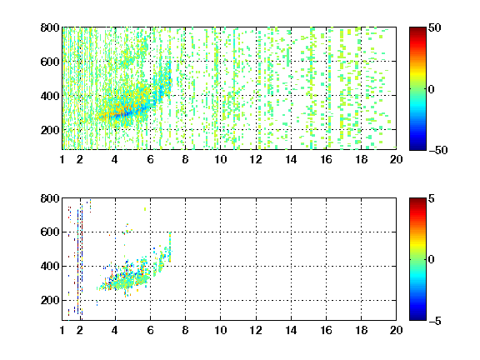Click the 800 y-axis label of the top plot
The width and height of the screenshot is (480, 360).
(x=50, y=27)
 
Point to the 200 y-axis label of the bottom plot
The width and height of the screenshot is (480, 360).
(x=50, y=300)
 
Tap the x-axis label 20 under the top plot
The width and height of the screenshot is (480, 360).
(x=396, y=159)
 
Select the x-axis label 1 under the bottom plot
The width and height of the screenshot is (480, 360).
(x=62, y=330)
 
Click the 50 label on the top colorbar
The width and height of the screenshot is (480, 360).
(x=435, y=27)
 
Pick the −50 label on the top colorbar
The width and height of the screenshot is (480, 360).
(x=438, y=150)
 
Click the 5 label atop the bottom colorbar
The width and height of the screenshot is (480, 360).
(x=432, y=198)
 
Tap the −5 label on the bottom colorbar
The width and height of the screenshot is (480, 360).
(x=435, y=321)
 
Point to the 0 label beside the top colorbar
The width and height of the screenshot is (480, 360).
(x=432, y=89)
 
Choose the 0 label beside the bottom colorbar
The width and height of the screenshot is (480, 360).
(x=432, y=260)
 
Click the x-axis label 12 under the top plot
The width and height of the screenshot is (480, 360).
(x=256, y=159)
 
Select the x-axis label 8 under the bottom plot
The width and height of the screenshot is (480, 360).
(x=185, y=330)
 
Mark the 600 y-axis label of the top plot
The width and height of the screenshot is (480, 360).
(x=50, y=62)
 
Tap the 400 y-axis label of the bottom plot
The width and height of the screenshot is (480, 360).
(x=50, y=266)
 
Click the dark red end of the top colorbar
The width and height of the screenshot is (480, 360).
(x=417, y=29)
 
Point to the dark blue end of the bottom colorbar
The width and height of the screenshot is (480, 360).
(x=417, y=318)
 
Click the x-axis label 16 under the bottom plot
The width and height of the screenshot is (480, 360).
(x=327, y=330)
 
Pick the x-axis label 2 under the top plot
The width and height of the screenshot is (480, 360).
(x=80, y=159)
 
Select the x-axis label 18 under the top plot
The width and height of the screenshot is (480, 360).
(x=361, y=159)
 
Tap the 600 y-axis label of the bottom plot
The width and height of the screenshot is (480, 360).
(x=50, y=232)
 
